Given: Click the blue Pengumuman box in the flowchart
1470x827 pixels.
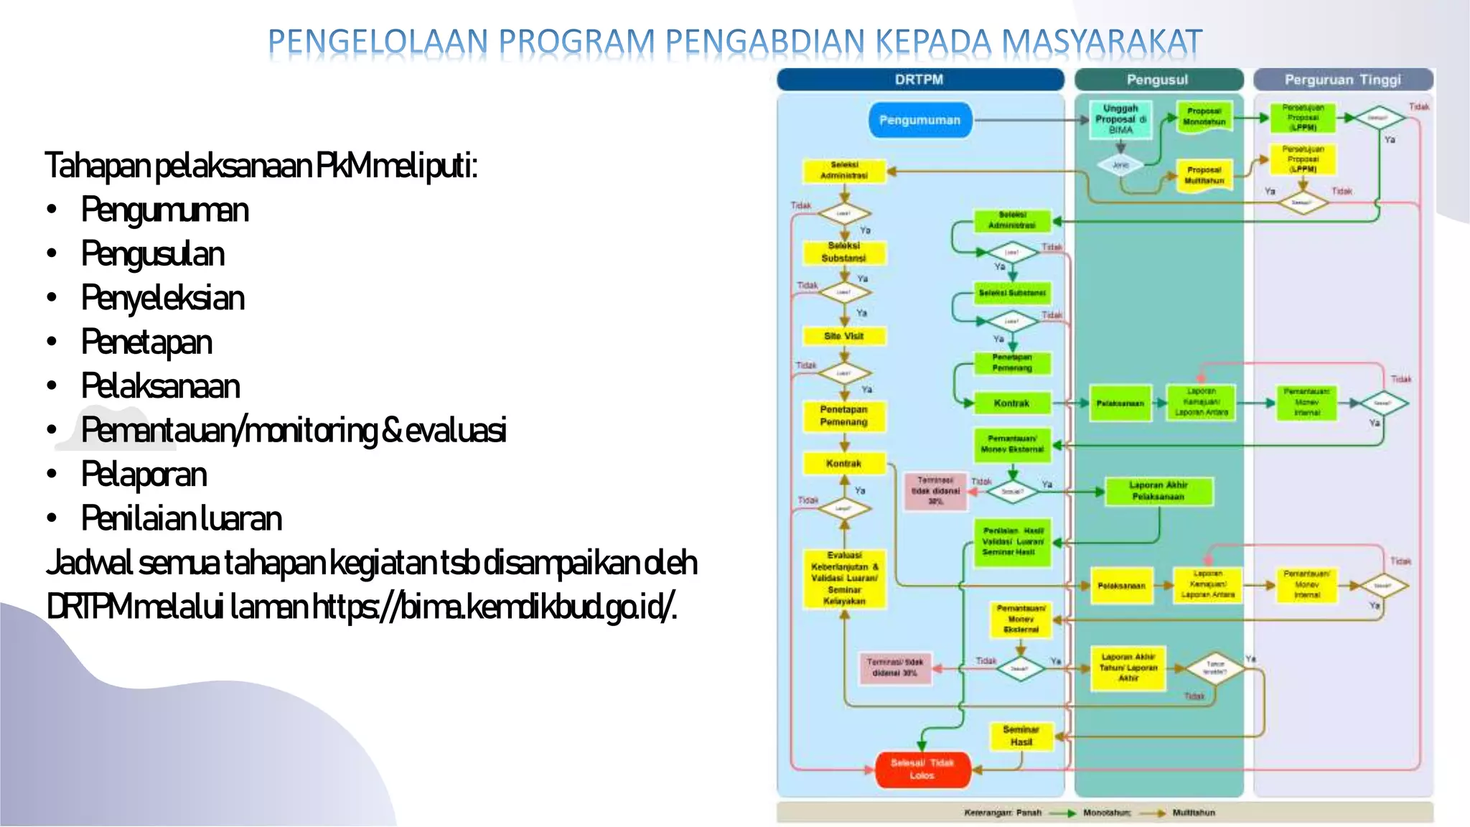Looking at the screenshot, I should point(919,120).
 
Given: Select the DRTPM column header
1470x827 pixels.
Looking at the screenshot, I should point(919,80).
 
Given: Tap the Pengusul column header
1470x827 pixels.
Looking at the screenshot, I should point(1157,80).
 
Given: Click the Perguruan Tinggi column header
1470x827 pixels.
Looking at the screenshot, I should point(1342,80).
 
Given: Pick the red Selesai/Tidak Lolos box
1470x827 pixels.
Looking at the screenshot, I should point(922,769).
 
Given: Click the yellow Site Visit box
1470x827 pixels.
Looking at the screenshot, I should point(843,336).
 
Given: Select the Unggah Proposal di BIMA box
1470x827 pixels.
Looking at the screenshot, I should point(1120,119).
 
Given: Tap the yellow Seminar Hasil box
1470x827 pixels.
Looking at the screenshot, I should point(1021,736).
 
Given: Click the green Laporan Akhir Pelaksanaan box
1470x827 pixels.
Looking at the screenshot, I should point(1158,491).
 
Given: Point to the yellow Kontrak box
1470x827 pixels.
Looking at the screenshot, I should point(843,464).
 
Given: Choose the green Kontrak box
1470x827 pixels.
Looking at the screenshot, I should point(1011,403).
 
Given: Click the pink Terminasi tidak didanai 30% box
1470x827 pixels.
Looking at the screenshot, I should point(935,491).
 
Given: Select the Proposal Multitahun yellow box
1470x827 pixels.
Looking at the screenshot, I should point(1204,175).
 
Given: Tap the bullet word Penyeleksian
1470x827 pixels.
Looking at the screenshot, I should point(163,298).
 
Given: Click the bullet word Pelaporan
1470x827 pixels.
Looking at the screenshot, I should point(144,475).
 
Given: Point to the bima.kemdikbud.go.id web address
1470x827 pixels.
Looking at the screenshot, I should point(495,607).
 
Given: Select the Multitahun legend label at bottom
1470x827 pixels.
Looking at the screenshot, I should point(1194,813).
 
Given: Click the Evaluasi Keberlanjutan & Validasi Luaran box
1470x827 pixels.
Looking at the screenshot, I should point(844,578).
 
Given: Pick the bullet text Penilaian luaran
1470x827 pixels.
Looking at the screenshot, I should point(181,518).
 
